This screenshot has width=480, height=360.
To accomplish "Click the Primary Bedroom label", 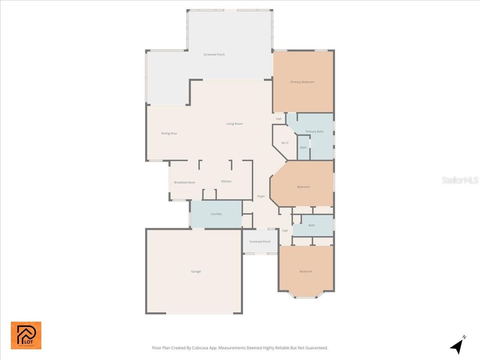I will click(302, 82).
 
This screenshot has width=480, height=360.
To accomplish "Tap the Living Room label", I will click(234, 124).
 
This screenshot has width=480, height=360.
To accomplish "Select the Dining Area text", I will click(169, 133).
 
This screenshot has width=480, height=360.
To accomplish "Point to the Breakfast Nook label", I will click(184, 182).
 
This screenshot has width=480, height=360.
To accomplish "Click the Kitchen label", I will click(226, 181).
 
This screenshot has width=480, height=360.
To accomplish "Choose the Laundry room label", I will click(216, 214).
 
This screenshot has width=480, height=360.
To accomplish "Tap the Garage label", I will click(196, 272).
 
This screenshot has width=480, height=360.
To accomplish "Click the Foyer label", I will click(261, 196).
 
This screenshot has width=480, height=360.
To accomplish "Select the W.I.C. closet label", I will click(285, 143).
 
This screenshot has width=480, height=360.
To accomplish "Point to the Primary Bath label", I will click(314, 132).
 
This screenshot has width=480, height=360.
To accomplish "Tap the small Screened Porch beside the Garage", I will click(260, 242).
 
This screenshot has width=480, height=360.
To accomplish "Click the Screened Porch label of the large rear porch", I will click(214, 54).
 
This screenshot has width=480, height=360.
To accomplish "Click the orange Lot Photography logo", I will click(26, 335).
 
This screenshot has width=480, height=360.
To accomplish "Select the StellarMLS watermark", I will click(460, 180).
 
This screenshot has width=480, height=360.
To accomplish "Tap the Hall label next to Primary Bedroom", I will click(279, 119).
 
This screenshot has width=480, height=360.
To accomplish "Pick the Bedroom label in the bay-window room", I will click(306, 272).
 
